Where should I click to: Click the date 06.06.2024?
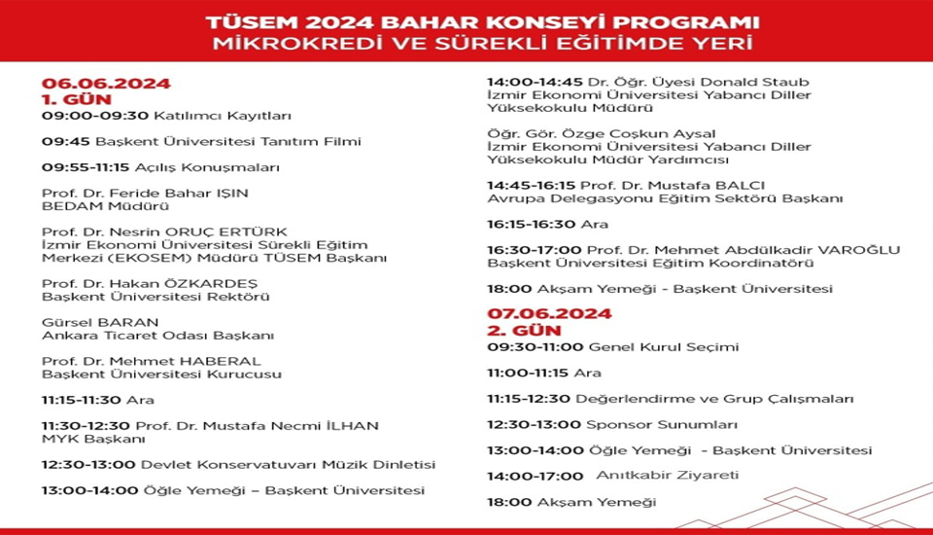(x=105, y=83)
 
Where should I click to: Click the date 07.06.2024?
(x=550, y=313)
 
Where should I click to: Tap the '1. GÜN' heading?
(x=76, y=98)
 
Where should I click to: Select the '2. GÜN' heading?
(x=522, y=330)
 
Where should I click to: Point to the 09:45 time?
(x=57, y=141)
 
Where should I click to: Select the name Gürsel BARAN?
(x=99, y=322)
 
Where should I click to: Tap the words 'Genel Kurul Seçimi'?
(x=664, y=346)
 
